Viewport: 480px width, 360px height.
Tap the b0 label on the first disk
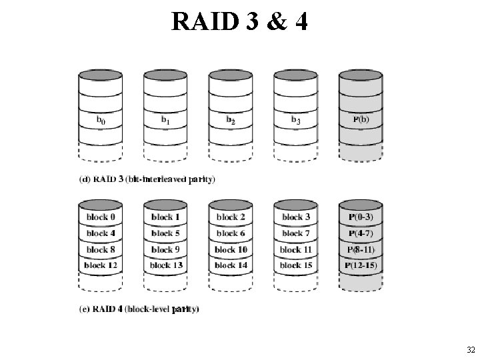point(100,121)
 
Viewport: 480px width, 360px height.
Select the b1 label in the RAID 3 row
point(165,121)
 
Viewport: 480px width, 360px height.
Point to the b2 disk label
point(231,121)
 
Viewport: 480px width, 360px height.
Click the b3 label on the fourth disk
point(295,121)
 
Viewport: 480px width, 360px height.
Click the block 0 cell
point(100,217)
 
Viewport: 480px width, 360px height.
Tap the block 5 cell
point(165,233)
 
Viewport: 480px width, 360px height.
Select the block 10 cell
point(231,250)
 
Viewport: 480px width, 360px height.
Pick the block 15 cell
point(295,266)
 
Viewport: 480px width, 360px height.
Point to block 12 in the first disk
point(100,266)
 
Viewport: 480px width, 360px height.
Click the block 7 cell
point(295,233)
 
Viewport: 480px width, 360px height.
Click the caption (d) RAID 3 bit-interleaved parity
point(147,179)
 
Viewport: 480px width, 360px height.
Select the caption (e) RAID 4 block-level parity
point(139,309)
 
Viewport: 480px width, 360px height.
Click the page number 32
point(471,350)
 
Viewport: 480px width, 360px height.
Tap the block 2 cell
point(231,217)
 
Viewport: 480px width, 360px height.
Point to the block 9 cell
point(165,250)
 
